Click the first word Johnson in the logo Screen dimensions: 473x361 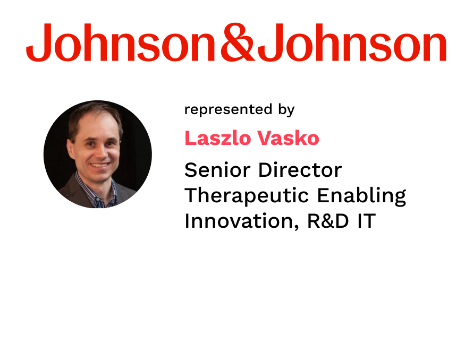(120, 42)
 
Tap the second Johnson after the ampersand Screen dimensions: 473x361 (352, 42)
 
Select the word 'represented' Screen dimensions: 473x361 (229, 109)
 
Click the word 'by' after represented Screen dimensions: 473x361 (286, 110)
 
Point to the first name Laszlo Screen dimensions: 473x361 (218, 138)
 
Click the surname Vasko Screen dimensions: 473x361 (288, 138)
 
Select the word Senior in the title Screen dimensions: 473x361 (217, 170)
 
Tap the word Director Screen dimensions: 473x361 (300, 170)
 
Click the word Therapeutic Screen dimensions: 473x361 (247, 195)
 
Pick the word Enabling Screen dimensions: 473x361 (362, 196)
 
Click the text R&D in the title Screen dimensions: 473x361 (328, 221)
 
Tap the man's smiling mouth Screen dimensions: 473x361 (100, 165)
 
